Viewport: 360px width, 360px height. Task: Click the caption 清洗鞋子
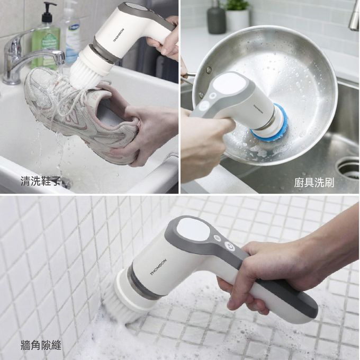41,181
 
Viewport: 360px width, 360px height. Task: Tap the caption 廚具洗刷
314,183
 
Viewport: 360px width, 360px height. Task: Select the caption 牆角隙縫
41,345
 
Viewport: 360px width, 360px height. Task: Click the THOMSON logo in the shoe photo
119,35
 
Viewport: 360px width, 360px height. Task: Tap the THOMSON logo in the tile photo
158,267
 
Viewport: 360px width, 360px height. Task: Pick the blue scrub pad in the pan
271,126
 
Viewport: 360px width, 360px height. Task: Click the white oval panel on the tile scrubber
193,229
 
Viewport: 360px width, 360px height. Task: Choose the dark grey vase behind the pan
217,20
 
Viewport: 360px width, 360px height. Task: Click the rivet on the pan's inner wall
209,70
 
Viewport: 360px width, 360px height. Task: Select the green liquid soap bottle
46,37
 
